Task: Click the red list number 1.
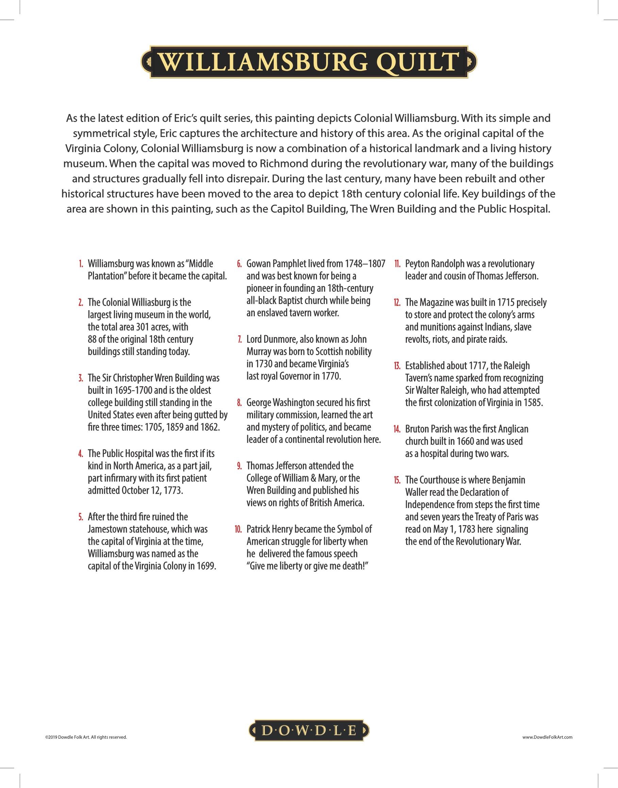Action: point(81,264)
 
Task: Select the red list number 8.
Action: point(239,402)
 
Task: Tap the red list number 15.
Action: point(397,480)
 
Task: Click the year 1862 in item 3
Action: point(209,427)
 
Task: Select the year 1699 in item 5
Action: point(206,566)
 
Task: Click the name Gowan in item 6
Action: point(257,264)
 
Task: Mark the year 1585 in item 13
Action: point(533,402)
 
